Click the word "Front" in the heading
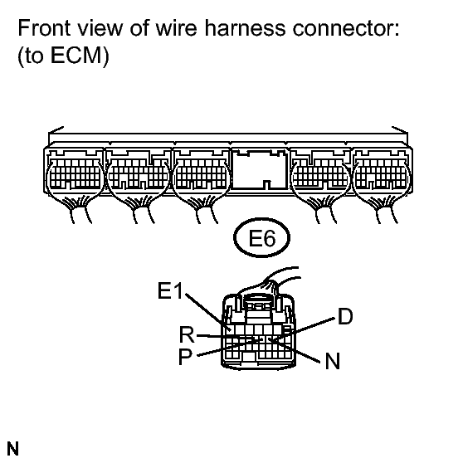coord(44,28)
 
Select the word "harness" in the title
coord(245,28)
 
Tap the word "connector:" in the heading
coord(346,29)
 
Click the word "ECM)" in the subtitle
coord(80,56)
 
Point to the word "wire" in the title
coord(176,28)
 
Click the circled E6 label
coord(262,237)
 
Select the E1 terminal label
coord(170,290)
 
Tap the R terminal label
coord(187,334)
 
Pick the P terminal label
coord(185,357)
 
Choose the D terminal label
coord(345,316)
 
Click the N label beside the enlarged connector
coord(332,361)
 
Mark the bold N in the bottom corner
coord(12,449)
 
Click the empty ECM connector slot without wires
coord(259,169)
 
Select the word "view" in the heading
coord(100,29)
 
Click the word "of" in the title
coord(139,28)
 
